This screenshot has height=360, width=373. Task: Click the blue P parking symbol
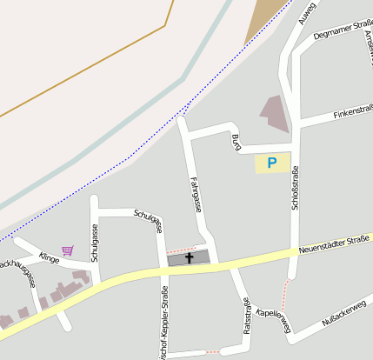[272, 163]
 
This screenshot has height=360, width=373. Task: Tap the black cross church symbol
[189, 258]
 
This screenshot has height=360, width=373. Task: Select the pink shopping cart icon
[68, 250]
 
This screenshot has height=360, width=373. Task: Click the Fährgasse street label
[196, 194]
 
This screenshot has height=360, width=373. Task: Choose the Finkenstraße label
[353, 111]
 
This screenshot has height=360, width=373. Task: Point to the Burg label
[236, 142]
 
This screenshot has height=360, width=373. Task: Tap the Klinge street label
[49, 257]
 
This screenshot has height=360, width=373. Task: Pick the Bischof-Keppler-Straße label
[164, 317]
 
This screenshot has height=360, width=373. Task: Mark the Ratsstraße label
[248, 320]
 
